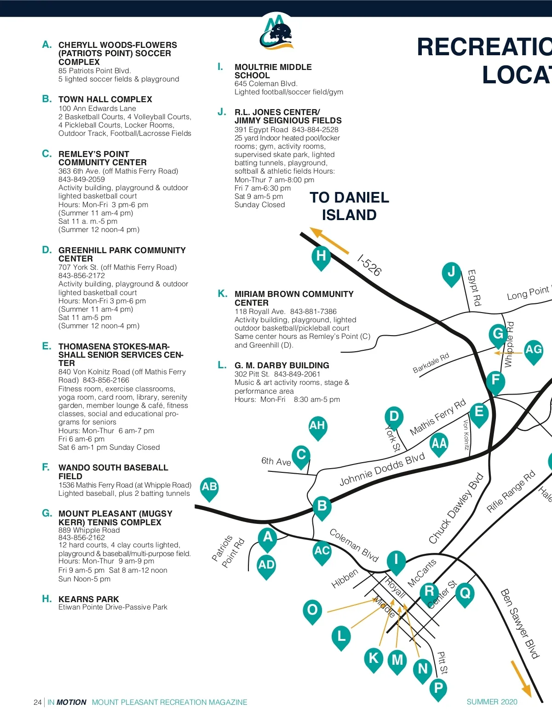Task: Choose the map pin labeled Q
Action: click(x=465, y=595)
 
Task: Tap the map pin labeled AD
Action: click(x=266, y=567)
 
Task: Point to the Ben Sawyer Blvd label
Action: click(x=519, y=624)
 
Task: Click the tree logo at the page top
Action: click(x=276, y=33)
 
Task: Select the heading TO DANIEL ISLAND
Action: click(x=349, y=206)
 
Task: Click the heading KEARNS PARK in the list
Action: click(x=88, y=599)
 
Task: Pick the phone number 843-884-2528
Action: click(x=315, y=129)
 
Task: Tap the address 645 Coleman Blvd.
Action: click(x=266, y=83)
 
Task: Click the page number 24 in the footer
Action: click(x=37, y=702)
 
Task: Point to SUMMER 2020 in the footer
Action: click(x=492, y=702)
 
